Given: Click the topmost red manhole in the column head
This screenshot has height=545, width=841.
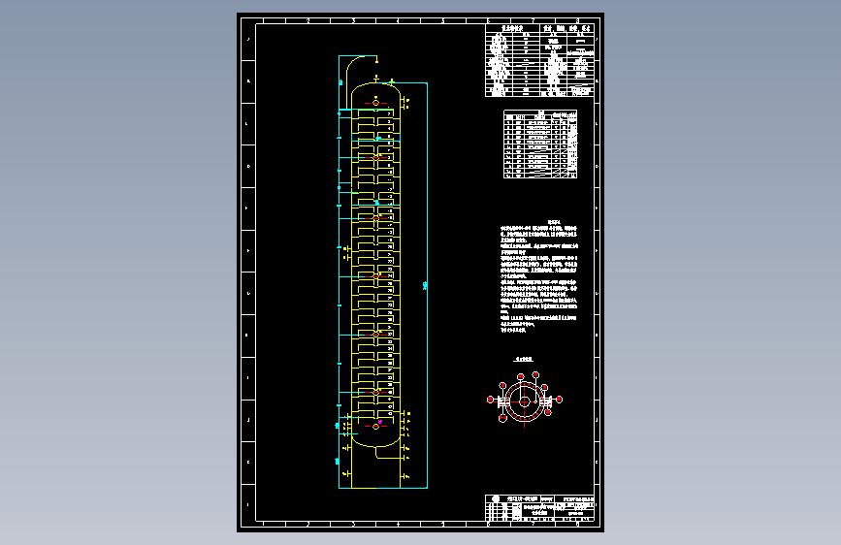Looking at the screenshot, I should point(377,103).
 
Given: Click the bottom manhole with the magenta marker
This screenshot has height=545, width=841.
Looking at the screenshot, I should point(377,426).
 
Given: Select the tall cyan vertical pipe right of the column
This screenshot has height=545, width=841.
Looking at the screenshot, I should point(425,281).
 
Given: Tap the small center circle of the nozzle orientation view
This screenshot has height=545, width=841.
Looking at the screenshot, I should point(524,401).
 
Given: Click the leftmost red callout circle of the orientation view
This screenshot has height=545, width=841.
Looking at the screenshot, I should point(491,399).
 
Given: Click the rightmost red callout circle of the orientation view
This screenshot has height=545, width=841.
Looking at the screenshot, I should point(559,399).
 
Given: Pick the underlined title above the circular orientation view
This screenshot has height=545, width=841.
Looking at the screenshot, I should point(525,360).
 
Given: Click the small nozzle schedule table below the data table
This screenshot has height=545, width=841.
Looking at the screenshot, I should point(540,145).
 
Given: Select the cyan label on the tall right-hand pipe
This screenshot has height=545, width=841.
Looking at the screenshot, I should point(427,284).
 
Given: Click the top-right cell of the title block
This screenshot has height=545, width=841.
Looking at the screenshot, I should point(583,499).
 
